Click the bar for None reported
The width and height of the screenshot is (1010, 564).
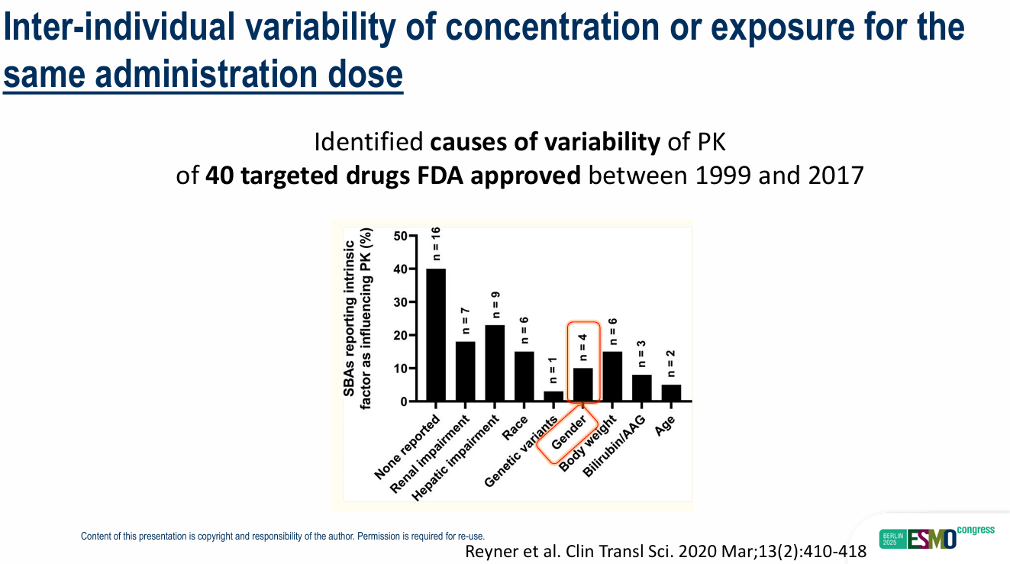[x=436, y=335]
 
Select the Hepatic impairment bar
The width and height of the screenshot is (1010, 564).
[x=495, y=363]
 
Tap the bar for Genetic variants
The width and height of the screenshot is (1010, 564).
[x=553, y=396]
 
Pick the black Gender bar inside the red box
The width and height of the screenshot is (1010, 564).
[x=583, y=385]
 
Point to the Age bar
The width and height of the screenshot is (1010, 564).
[x=671, y=393]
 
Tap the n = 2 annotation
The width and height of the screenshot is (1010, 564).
[x=671, y=363]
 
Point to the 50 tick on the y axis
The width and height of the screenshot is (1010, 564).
[x=401, y=236]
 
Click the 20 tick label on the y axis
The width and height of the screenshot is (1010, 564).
[x=401, y=335]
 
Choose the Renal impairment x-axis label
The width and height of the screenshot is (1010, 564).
[x=430, y=455]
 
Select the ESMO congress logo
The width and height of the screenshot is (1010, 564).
[x=937, y=537]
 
